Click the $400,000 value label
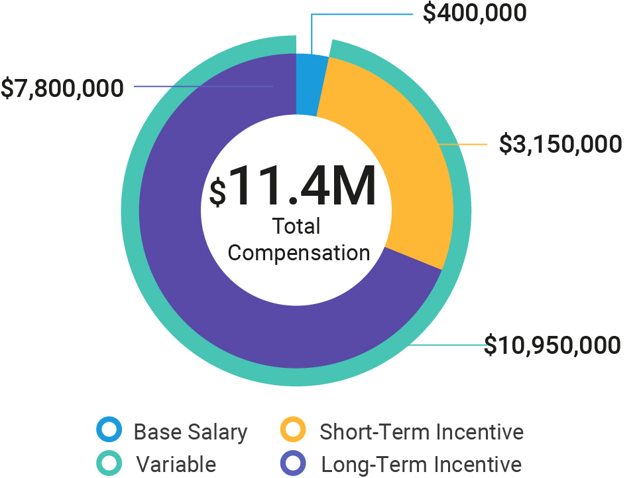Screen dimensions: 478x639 click(475, 13)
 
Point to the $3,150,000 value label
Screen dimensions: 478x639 click(560, 143)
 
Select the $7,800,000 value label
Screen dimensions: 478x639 click(62, 88)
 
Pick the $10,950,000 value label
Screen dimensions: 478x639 click(552, 345)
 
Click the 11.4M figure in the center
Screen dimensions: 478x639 click(304, 186)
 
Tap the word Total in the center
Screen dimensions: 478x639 click(296, 226)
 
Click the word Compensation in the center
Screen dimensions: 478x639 click(299, 253)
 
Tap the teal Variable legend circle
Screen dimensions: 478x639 click(109, 463)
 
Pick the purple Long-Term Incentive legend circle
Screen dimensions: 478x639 click(293, 463)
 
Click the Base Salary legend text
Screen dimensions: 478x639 click(190, 432)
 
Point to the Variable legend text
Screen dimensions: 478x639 click(176, 464)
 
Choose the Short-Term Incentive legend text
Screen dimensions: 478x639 click(422, 432)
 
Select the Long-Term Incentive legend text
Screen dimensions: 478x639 click(422, 464)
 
